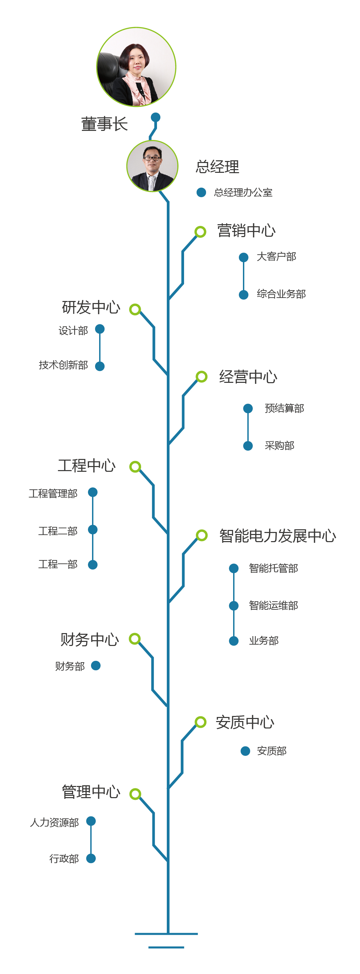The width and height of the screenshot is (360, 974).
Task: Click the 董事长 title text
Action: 104,124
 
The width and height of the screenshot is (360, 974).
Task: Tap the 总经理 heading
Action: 218,167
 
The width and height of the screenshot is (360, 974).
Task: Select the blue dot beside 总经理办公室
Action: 201,192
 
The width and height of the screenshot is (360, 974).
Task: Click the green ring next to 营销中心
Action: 200,232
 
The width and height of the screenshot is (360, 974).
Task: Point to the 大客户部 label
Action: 276,257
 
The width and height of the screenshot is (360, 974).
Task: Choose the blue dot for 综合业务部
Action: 244,295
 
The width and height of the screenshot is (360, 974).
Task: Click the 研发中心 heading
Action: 91,307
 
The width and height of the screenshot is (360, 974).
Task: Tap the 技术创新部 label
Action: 63,365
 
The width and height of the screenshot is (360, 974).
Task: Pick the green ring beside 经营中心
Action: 202,377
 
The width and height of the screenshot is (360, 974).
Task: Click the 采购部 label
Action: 279,446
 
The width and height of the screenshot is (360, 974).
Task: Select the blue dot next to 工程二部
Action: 93,530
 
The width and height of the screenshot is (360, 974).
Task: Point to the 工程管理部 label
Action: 53,494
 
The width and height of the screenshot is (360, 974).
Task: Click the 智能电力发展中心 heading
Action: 277,536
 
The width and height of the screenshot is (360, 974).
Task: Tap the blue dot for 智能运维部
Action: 234,606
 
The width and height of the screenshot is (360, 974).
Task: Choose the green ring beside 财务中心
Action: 135,639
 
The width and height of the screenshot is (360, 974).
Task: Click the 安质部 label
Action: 271,751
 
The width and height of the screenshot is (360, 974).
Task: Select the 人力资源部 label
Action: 54,823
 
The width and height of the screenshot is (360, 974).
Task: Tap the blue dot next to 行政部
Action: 91,859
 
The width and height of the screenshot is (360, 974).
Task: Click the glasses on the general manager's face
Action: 152,158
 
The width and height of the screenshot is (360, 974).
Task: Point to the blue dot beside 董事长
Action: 155,117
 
